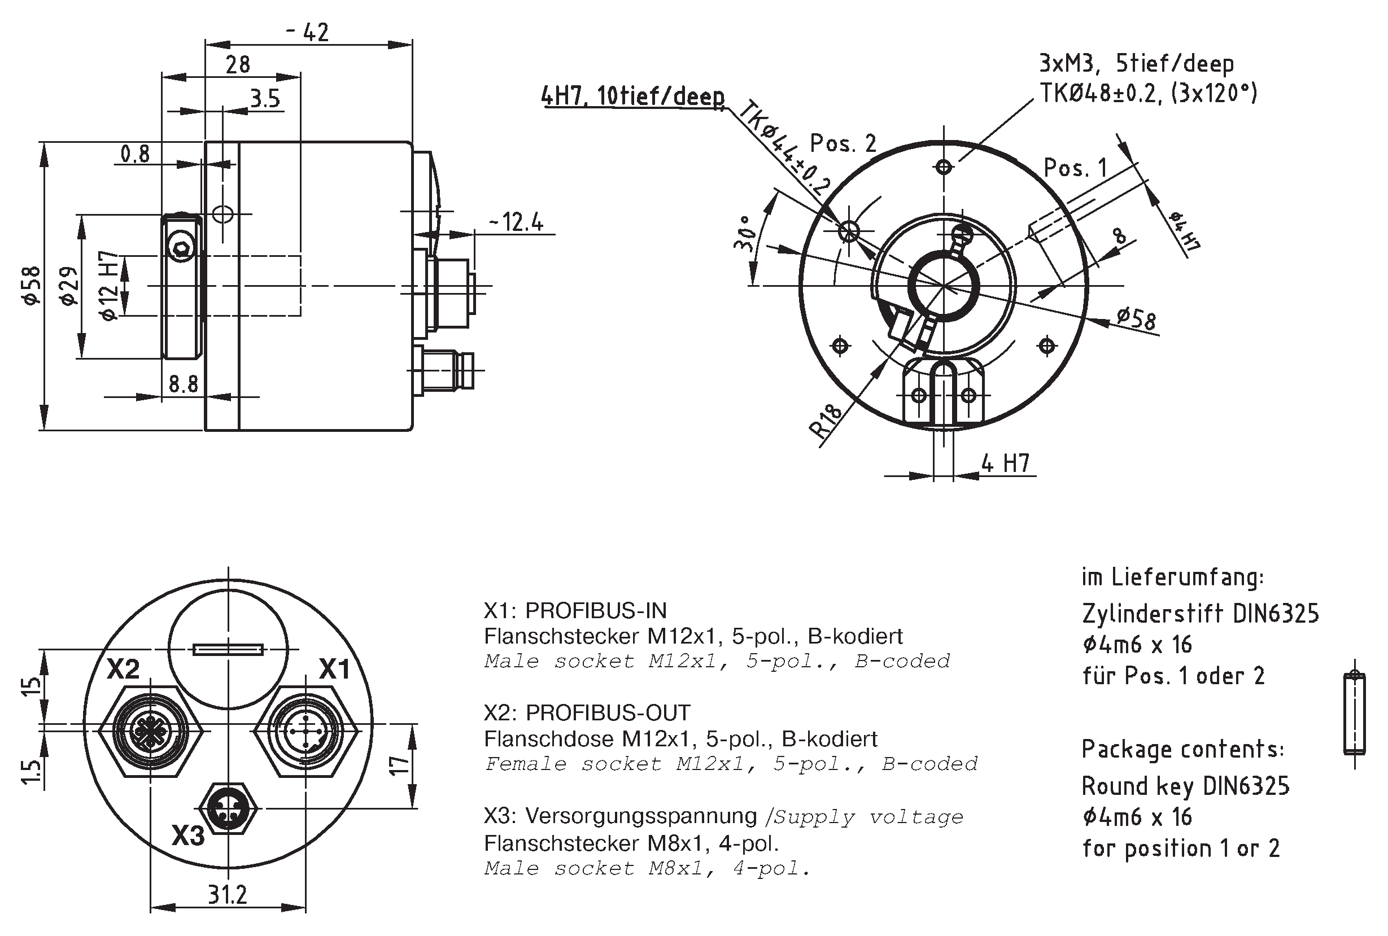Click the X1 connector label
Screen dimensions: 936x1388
click(334, 669)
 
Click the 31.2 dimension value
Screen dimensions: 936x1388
click(227, 895)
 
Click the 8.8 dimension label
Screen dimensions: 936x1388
click(184, 384)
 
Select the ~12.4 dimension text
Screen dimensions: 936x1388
click(516, 222)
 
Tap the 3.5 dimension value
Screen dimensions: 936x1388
click(265, 98)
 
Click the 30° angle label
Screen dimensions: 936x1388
click(744, 234)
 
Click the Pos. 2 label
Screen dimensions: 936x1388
click(843, 143)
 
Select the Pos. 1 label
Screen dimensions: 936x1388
click(1075, 168)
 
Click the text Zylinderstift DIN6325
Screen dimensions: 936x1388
click(1200, 614)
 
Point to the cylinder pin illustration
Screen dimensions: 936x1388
click(1355, 714)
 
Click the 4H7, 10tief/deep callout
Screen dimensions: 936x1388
click(632, 96)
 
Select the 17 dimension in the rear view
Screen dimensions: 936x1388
click(399, 766)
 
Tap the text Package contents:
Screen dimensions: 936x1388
click(1182, 749)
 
